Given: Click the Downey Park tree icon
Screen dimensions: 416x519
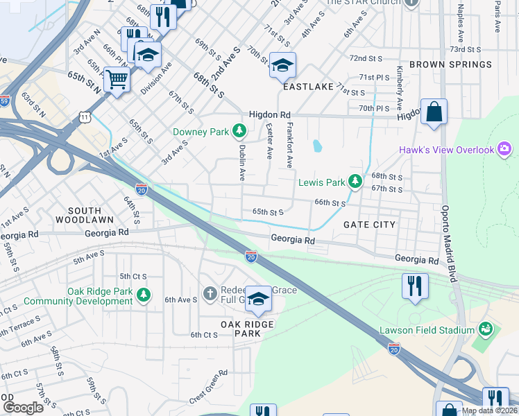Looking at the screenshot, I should coord(239,130).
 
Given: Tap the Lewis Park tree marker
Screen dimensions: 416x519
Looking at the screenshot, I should coord(355,182).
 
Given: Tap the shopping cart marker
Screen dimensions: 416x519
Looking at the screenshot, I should coord(117,80).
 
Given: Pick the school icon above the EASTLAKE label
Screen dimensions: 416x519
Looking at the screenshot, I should coord(282,65).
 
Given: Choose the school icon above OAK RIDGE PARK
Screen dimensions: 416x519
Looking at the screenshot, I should coord(258,299).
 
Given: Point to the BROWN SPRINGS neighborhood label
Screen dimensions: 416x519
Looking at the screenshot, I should coord(450,64).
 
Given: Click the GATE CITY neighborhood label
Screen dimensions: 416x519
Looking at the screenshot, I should coord(369,225).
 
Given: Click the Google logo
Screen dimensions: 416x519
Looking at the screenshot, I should coord(23,408).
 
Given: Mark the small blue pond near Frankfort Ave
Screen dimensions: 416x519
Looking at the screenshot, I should coord(317,146).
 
